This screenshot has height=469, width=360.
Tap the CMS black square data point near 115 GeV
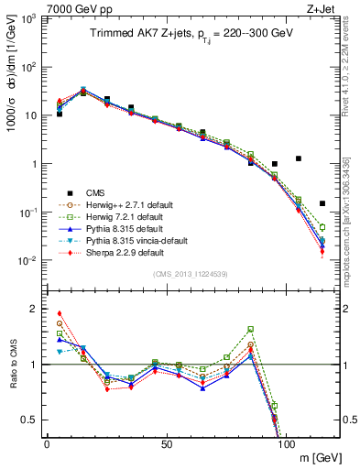click(322, 203)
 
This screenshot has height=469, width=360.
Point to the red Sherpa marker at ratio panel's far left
click(60, 313)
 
